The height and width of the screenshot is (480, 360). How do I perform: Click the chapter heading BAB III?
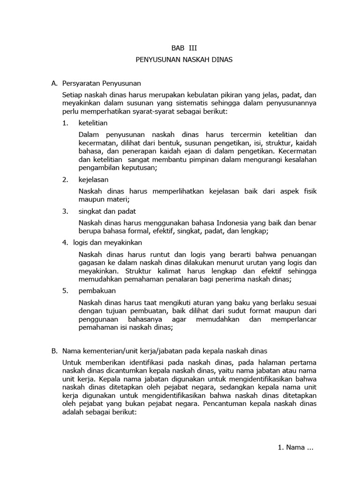[180, 47]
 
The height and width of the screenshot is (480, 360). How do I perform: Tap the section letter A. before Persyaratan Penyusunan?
[54, 83]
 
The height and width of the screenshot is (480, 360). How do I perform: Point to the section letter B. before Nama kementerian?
[54, 350]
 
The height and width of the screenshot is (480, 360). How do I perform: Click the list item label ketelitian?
[93, 123]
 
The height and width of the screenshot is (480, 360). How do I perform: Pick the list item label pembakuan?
[97, 291]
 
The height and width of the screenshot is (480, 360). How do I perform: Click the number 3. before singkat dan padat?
[65, 211]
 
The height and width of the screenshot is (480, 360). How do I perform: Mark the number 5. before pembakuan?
[65, 291]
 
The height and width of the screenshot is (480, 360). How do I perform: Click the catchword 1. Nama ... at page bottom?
[295, 447]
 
